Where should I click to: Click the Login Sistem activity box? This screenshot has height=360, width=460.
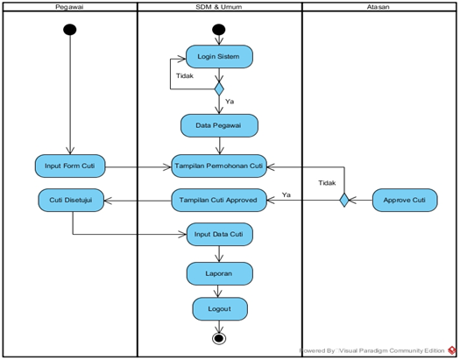[219, 57]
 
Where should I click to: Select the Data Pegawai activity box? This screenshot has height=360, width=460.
[219, 125]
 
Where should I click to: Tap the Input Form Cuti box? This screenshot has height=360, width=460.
[70, 166]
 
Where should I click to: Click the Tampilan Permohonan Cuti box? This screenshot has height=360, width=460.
[219, 166]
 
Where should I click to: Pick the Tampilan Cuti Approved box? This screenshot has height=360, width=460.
[219, 201]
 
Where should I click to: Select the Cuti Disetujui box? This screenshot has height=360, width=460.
[71, 201]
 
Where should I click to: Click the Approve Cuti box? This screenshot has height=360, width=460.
[405, 201]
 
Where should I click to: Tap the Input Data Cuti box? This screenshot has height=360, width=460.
[219, 234]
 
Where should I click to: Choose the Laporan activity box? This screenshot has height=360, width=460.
[219, 273]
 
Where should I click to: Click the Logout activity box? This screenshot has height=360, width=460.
[220, 309]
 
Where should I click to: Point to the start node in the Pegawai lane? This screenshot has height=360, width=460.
[70, 30]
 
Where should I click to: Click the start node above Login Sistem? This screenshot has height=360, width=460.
[219, 30]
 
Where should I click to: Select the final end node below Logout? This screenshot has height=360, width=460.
[219, 339]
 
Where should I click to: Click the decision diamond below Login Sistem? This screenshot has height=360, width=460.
[219, 88]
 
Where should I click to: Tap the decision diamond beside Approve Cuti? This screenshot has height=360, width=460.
[344, 201]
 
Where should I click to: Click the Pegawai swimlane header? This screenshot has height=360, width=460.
[70, 7]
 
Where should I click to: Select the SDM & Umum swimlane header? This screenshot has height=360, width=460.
[219, 7]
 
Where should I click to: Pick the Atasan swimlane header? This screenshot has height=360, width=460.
[379, 7]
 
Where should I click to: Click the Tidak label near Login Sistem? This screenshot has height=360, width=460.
[185, 76]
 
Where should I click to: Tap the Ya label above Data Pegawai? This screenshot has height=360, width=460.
[230, 102]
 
